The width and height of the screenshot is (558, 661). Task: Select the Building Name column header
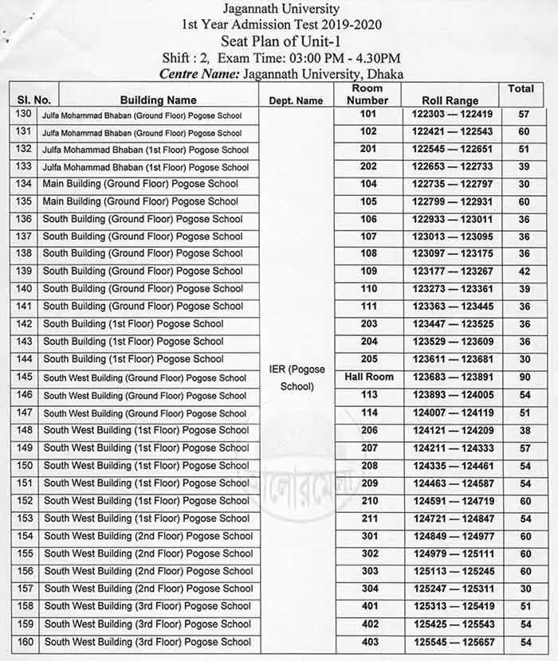158,100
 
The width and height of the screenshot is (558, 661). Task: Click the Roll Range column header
451,101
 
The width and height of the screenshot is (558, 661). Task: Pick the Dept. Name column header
296,101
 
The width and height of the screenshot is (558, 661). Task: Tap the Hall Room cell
368,377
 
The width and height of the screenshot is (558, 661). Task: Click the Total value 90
524,377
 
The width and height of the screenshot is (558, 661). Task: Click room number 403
368,642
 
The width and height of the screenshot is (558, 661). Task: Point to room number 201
368,149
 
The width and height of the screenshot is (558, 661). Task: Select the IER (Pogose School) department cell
296,379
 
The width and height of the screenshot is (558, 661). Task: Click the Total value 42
524,271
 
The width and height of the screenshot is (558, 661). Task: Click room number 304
368,589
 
